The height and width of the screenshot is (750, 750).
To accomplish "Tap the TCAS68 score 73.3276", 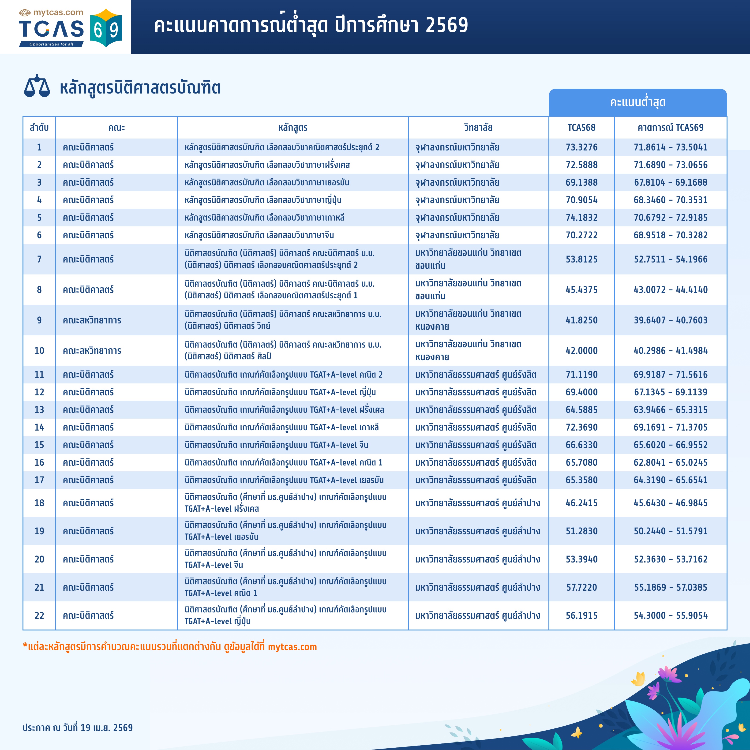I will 581,147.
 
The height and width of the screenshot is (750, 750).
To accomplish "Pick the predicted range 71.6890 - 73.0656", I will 670,165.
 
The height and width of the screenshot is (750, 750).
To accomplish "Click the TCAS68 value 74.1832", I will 581,217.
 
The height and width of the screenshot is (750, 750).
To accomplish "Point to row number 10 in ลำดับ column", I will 39,351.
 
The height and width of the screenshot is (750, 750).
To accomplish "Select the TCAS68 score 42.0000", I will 581,351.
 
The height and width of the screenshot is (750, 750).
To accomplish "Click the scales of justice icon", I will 37,86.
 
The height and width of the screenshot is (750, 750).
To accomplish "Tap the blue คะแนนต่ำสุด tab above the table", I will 637,102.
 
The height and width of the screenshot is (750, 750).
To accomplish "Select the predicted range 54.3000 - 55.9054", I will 670,615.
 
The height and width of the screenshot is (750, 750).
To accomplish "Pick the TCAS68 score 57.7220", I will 581,587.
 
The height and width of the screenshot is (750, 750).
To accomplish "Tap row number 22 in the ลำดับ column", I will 39,615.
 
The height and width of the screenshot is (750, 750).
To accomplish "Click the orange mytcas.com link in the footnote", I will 292,647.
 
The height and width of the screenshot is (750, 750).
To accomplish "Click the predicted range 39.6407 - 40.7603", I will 670,320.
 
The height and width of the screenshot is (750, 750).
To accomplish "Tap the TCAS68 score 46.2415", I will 581,503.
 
